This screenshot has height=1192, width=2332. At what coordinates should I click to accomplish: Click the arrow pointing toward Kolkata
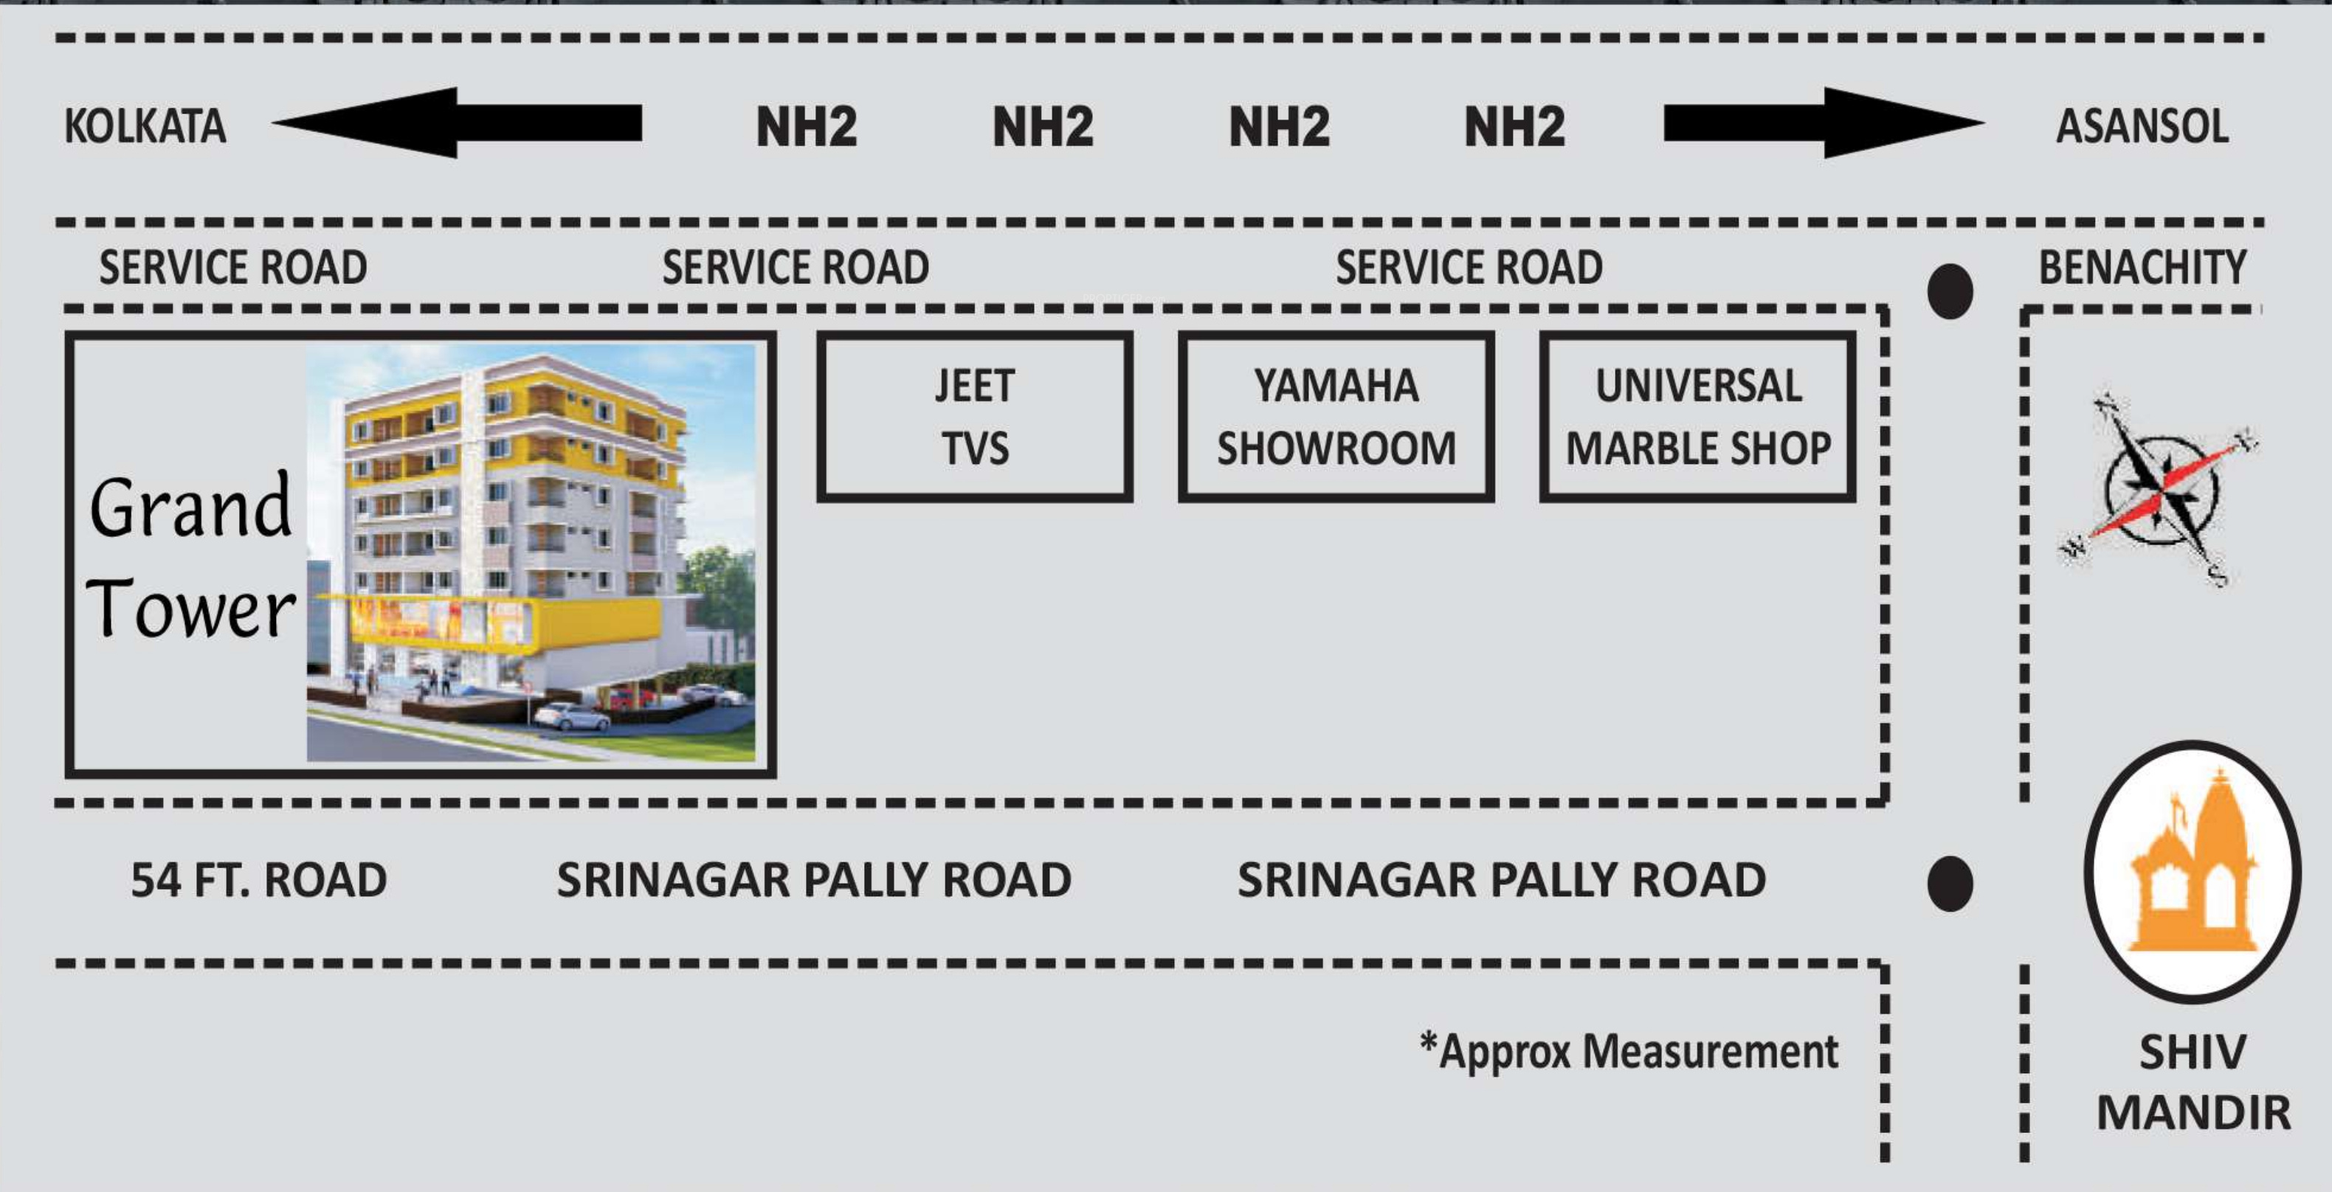click(457, 123)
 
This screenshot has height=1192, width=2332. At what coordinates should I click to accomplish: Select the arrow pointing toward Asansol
click(1824, 123)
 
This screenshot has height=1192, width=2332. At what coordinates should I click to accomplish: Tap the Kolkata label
click(145, 126)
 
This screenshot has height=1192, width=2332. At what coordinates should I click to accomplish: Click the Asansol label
click(2142, 126)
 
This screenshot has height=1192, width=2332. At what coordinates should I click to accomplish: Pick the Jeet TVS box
click(975, 416)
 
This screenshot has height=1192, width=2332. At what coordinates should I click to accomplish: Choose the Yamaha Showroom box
click(1336, 416)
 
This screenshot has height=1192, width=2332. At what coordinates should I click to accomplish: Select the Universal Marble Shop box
click(1698, 416)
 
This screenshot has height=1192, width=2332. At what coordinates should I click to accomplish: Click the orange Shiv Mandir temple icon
click(2193, 870)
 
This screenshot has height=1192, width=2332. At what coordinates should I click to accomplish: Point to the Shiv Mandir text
click(2193, 1081)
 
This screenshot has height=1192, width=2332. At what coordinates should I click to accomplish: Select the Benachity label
click(2142, 267)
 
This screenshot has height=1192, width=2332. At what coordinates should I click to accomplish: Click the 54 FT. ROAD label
click(259, 880)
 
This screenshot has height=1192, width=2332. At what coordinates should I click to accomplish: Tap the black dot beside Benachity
click(1950, 291)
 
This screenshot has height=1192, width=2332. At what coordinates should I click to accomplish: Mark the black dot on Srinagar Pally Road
click(1950, 884)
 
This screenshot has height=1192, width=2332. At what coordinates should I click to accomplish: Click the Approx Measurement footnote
click(1629, 1052)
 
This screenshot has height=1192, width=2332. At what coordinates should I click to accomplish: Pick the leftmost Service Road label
click(232, 267)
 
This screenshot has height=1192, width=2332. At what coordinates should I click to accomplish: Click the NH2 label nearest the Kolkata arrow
click(807, 126)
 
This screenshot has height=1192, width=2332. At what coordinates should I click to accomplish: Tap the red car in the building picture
click(631, 698)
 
